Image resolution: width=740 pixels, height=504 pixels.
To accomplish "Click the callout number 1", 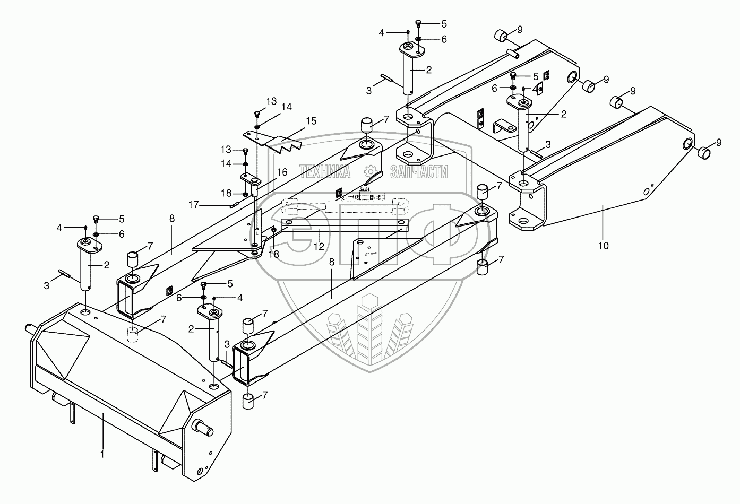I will click(102, 454).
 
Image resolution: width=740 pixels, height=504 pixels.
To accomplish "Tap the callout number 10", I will click(603, 246).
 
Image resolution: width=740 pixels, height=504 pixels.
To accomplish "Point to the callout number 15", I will click(311, 121).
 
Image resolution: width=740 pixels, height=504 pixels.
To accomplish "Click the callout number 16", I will click(282, 171).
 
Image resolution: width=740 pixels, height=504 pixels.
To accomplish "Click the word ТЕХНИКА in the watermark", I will click(325, 171).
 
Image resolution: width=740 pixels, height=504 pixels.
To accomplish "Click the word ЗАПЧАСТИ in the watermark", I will click(419, 171).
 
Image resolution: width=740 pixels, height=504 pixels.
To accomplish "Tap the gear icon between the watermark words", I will click(371, 171).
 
